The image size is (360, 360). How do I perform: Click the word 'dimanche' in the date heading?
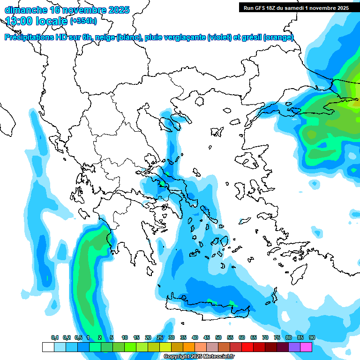tap(26, 10)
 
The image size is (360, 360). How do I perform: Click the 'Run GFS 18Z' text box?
tap(295, 7)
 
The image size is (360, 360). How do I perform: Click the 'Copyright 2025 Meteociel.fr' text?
tap(199, 357)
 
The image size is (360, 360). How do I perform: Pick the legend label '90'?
tap(312, 337)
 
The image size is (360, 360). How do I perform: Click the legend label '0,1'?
tap(55, 337)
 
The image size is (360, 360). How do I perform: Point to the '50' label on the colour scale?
tap(218, 337)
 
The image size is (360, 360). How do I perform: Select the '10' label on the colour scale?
tap(125, 337)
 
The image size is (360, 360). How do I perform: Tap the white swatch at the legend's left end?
tap(48, 347)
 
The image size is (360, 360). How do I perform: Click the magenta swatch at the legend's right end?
tap(306, 347)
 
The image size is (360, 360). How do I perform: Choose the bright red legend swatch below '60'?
tap(247, 347)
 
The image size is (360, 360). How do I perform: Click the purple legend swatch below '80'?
tap(294, 347)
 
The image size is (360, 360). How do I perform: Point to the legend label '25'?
tap(160, 337)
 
